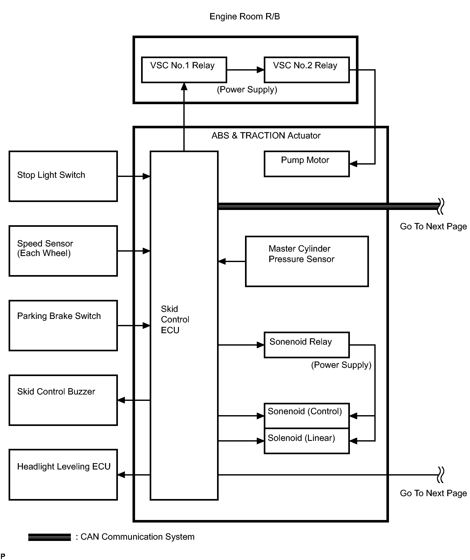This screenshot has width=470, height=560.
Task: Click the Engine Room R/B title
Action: coord(245,17)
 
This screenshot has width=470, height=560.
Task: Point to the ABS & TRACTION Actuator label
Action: coord(266,136)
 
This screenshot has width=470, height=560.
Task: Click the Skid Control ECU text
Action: coord(175,320)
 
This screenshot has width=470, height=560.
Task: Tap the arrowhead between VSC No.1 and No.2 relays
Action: coord(261,70)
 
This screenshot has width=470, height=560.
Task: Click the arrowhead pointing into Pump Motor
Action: coord(353,164)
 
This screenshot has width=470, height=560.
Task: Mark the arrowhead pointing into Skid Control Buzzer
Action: coord(121,400)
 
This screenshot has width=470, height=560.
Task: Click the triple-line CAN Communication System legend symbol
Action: coord(50,537)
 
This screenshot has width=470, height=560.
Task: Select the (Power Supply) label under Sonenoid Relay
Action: coord(341,365)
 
